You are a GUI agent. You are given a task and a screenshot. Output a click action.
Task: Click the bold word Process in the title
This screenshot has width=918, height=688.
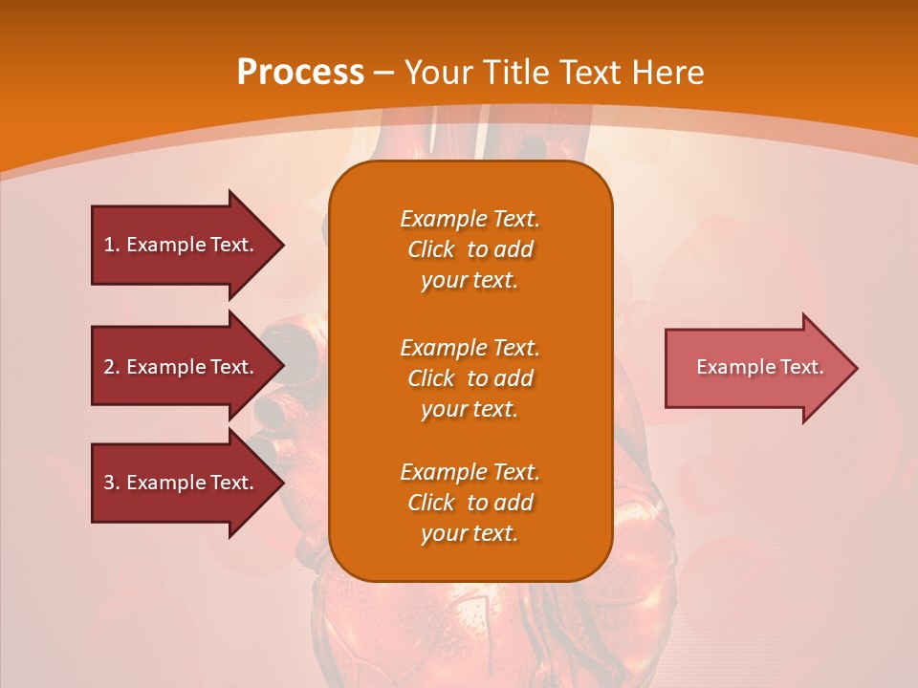coord(300,73)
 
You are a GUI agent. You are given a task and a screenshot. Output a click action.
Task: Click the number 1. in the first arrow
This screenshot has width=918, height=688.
coord(112,245)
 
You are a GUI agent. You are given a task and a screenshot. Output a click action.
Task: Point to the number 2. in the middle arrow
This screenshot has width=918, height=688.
coord(112,367)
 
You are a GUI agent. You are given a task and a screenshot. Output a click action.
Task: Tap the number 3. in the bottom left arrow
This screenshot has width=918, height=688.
coord(112,483)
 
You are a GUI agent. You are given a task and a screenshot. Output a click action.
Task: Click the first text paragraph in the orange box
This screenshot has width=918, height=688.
coord(470,249)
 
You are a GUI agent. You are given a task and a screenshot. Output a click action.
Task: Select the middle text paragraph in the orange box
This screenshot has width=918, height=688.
coord(470,378)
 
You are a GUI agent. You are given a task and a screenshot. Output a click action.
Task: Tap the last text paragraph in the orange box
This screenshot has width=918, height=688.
coord(470,503)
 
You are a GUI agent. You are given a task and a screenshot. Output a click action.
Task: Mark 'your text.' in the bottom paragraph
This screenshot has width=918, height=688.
coord(470,534)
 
